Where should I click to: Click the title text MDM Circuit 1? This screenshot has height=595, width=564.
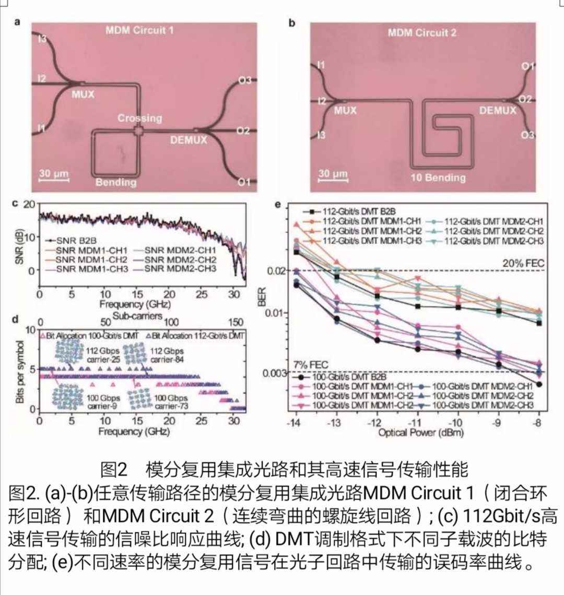[139, 30]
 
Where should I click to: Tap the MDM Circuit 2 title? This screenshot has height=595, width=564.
[421, 33]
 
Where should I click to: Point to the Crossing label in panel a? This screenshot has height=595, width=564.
[139, 118]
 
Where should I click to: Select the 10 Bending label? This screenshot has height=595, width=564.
[438, 177]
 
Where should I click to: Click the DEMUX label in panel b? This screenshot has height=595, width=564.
[497, 110]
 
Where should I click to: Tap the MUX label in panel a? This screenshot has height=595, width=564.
[83, 94]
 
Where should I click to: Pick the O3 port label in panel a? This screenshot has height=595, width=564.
[244, 80]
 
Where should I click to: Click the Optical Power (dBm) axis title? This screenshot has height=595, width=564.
[413, 433]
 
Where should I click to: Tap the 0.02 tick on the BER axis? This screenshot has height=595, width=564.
[275, 270]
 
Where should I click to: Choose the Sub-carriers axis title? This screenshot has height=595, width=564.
[137, 316]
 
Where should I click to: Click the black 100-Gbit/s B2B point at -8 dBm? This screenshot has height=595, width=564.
[539, 384]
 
